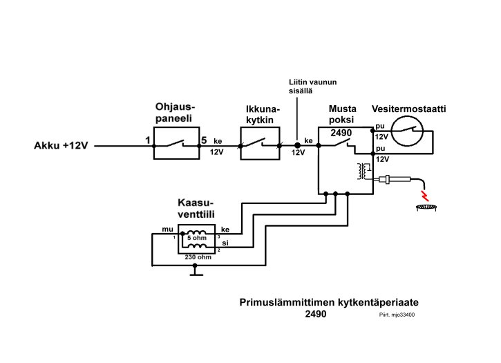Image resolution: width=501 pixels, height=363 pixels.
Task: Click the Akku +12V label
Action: tap(62, 146)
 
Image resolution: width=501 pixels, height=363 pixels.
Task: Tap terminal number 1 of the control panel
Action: tap(147, 140)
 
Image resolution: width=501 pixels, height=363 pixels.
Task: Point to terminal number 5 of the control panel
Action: tap(204, 140)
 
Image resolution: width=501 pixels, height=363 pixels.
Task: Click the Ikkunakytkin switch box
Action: tap(261, 145)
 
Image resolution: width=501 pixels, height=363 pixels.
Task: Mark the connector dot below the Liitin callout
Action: tap(298, 146)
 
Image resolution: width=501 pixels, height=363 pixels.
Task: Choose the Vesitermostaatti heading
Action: tap(408, 109)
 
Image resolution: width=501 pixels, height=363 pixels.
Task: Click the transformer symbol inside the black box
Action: tap(361, 171)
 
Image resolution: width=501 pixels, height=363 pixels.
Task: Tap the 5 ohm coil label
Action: tap(197, 238)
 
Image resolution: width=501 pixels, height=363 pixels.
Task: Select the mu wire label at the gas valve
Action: tap(167, 229)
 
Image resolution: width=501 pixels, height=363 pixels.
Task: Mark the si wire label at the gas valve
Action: tap(225, 243)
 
